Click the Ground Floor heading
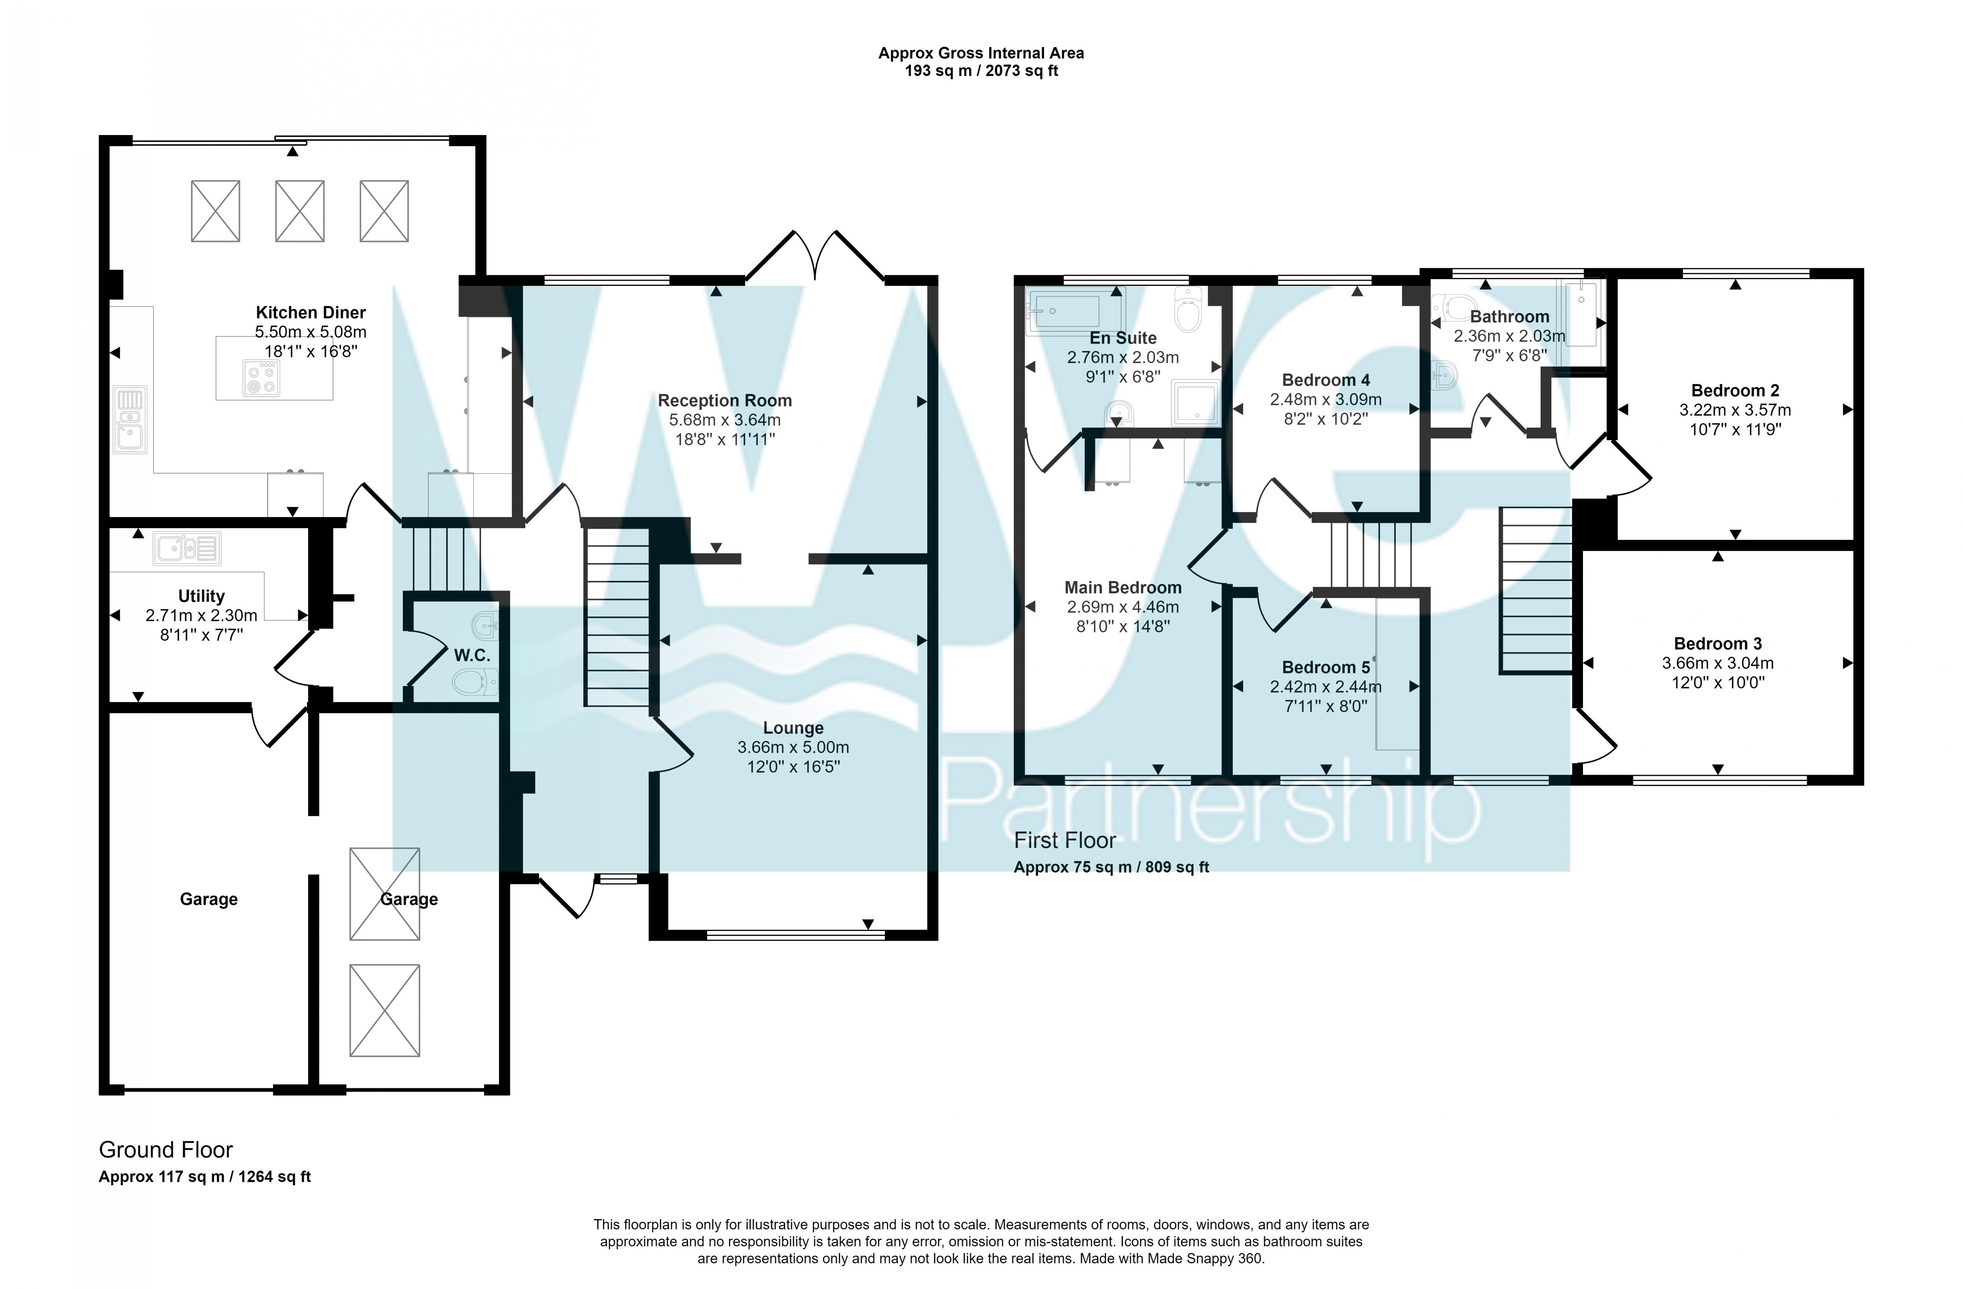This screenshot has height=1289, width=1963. click(x=166, y=1150)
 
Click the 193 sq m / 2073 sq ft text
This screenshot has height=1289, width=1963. click(x=981, y=71)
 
